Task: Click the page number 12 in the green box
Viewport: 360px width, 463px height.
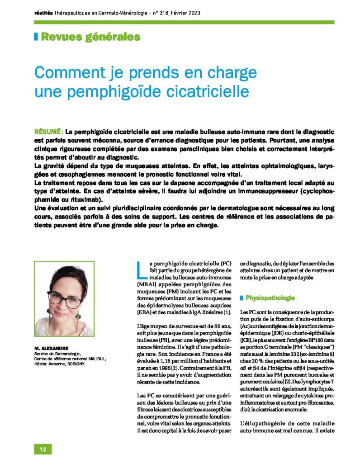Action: click(43, 449)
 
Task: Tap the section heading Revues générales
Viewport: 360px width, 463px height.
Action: click(90, 37)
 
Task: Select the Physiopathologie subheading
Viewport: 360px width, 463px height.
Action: click(270, 298)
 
